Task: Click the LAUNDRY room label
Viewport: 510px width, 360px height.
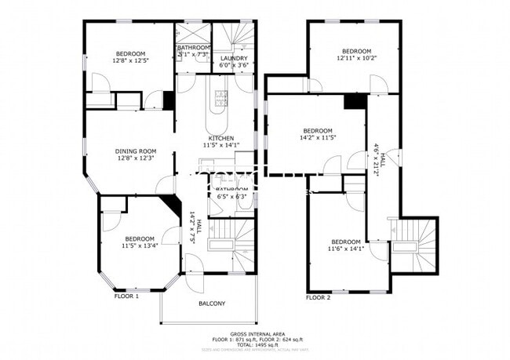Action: coord(234,59)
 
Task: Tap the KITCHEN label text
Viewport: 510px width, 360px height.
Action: coord(221,138)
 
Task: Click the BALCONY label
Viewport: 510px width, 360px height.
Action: coord(212,304)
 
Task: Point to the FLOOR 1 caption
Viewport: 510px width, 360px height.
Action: coord(126,296)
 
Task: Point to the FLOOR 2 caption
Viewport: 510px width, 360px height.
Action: coord(319,297)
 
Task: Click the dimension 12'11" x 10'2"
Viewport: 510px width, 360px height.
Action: coord(357,57)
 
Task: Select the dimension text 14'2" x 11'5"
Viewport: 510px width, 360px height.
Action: coord(318,137)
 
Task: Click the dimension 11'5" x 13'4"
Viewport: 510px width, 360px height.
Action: coord(139,245)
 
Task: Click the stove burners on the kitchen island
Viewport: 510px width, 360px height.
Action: coord(220,98)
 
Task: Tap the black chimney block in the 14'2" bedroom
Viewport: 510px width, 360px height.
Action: coord(355,101)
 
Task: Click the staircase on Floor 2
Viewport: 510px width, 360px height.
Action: coord(416,241)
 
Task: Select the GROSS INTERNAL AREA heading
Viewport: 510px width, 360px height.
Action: coord(255,333)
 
